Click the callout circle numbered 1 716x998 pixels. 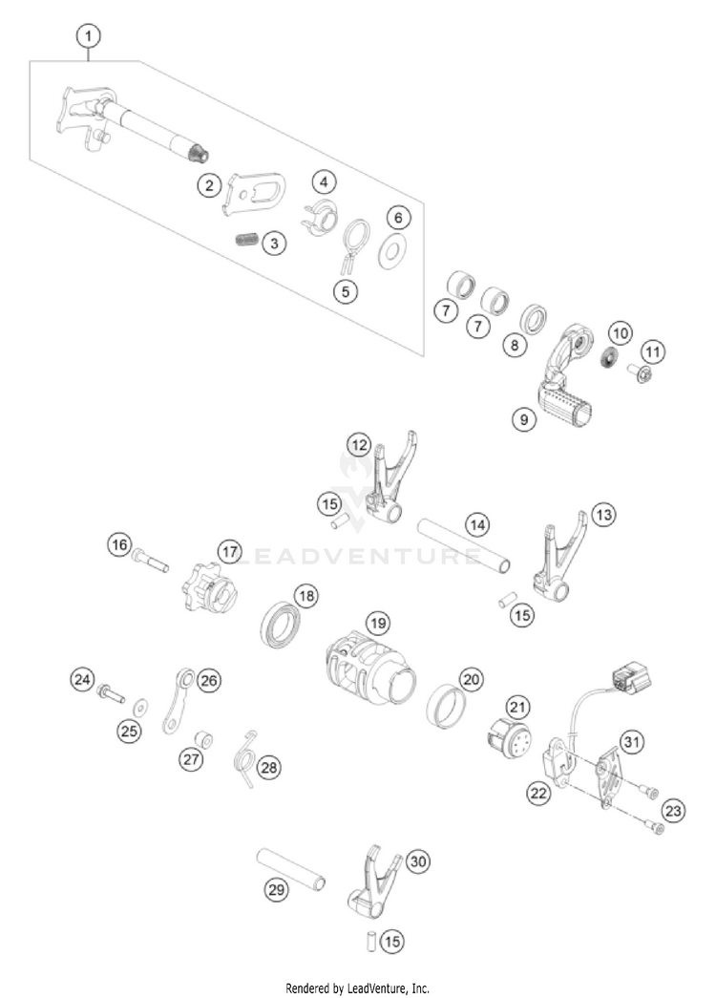tap(89, 37)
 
